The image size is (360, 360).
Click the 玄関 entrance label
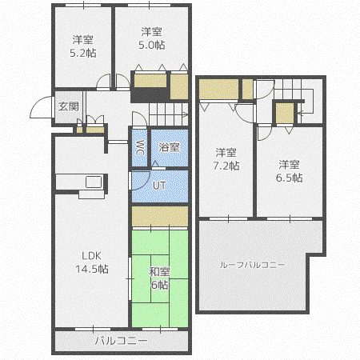(x=69, y=106)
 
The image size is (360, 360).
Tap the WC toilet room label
(x=140, y=147)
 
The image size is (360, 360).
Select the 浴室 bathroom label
(x=169, y=147)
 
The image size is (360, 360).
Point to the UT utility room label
(x=159, y=186)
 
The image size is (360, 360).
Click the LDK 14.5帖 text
(x=92, y=262)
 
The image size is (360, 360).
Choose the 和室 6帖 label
(x=159, y=278)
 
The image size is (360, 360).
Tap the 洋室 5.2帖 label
(x=83, y=46)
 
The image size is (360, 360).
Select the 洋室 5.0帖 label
(x=152, y=38)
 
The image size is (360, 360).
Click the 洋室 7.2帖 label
(x=226, y=159)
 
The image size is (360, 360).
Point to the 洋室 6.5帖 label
(x=289, y=170)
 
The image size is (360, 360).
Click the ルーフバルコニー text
(x=252, y=265)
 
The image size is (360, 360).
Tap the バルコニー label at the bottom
(x=122, y=341)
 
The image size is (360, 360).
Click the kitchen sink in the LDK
(x=94, y=182)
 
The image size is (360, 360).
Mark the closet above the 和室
(x=160, y=216)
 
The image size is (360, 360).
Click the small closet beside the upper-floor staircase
(x=285, y=113)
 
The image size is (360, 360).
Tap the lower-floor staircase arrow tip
(x=187, y=115)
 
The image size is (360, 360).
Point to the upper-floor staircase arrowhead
(x=299, y=114)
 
